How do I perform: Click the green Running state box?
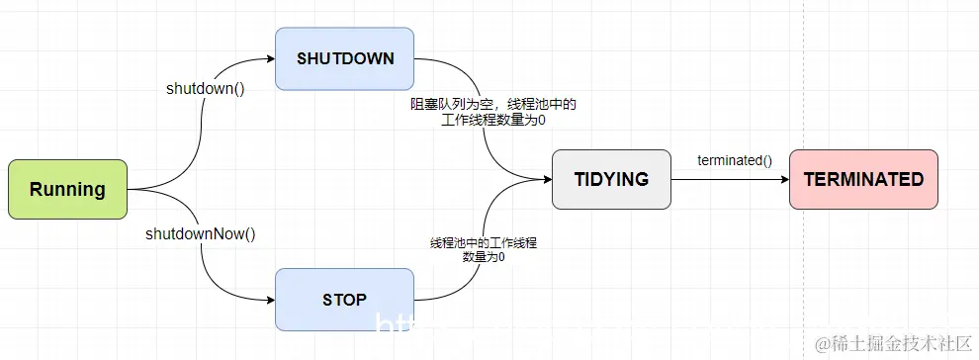click(x=67, y=189)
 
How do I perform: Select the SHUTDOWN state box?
click(x=345, y=58)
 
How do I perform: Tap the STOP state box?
click(x=344, y=299)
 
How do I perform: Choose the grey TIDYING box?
click(x=611, y=179)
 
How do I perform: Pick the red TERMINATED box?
click(x=863, y=179)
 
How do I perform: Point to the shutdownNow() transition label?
click(x=201, y=234)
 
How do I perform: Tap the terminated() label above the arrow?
click(x=735, y=159)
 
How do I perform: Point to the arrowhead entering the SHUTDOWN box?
click(x=270, y=59)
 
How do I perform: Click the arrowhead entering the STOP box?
click(x=270, y=299)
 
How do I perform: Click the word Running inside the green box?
click(x=67, y=189)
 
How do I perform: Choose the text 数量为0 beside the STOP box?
click(x=484, y=257)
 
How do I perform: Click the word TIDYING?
click(x=611, y=179)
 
